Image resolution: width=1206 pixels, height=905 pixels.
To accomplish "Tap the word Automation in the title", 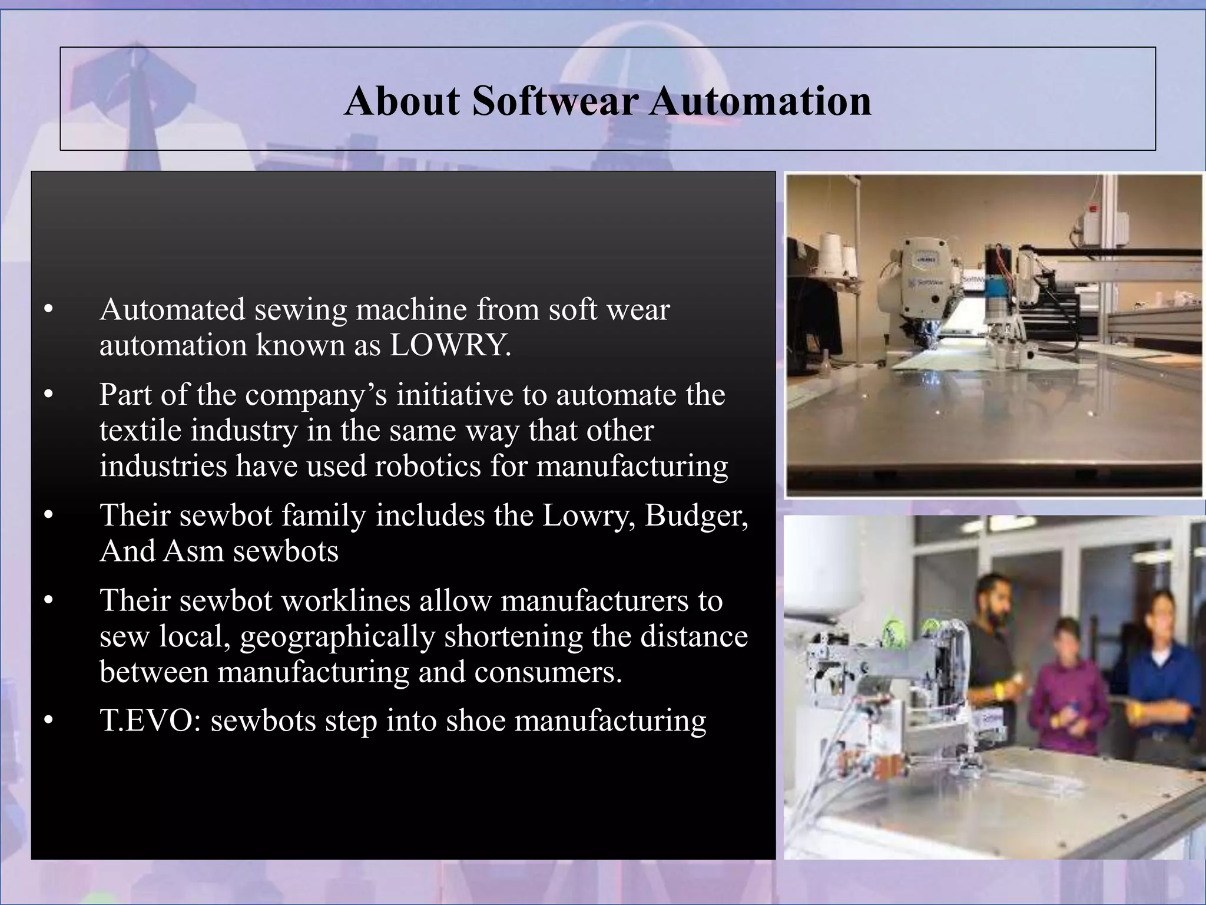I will [x=760, y=101].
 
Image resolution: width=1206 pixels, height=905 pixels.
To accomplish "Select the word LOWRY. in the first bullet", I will [x=450, y=346].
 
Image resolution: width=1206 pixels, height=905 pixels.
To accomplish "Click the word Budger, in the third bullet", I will [x=697, y=516].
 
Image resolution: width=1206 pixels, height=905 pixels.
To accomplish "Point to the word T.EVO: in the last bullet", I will [x=150, y=721].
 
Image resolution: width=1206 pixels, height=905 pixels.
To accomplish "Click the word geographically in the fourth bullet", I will [x=337, y=636].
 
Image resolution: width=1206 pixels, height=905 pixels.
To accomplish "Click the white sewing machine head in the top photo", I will [x=925, y=277].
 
